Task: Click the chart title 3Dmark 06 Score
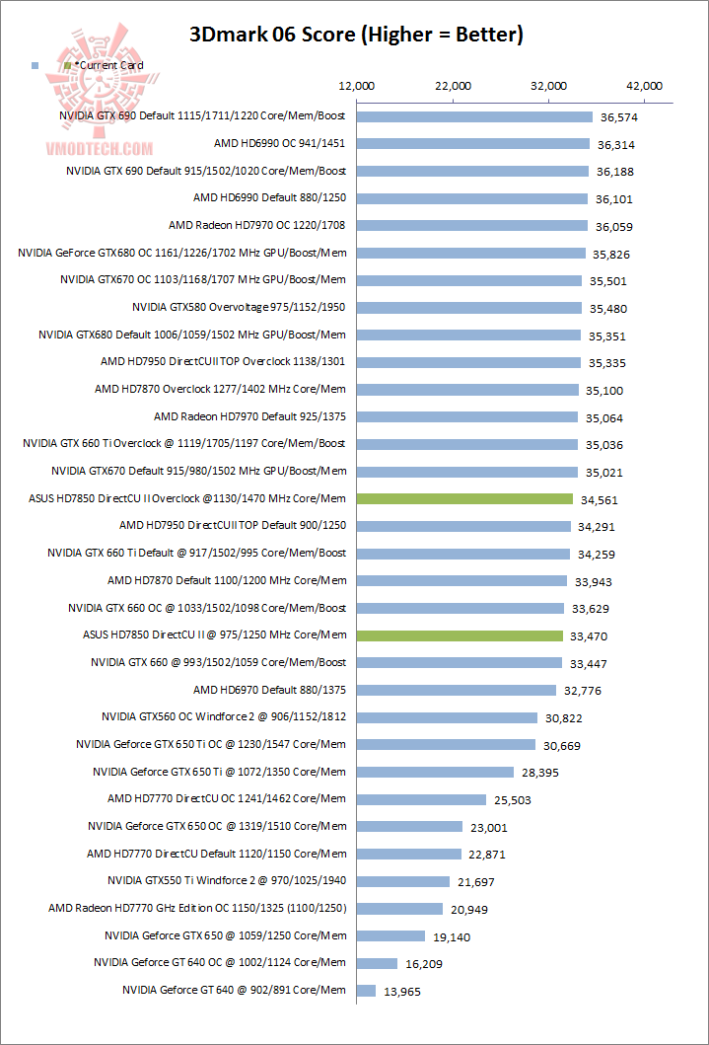click(355, 36)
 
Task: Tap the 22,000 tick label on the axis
click(453, 86)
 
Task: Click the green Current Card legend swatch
click(67, 65)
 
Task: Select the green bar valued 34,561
click(464, 498)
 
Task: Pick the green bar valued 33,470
click(460, 634)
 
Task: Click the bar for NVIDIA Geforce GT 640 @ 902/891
click(366, 990)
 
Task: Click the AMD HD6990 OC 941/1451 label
click(279, 143)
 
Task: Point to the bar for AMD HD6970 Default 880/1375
click(457, 689)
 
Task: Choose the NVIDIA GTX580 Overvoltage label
click(239, 307)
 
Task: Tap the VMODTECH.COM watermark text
click(100, 149)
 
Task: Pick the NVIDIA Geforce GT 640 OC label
click(220, 962)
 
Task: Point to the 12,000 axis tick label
click(356, 86)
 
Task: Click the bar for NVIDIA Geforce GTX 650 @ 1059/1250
click(390, 935)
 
